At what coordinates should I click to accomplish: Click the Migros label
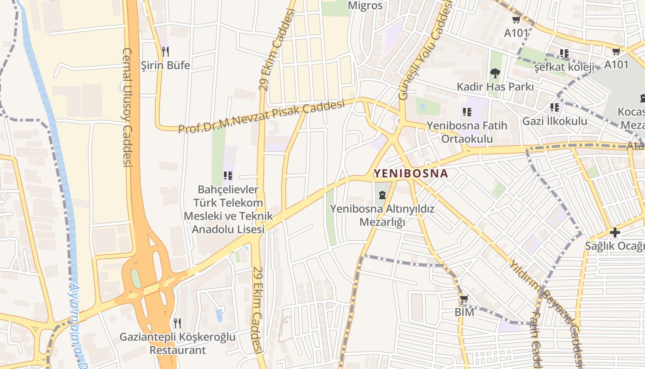[365, 6]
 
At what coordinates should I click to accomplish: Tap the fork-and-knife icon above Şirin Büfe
[165, 51]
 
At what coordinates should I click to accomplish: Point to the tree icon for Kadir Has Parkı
[495, 73]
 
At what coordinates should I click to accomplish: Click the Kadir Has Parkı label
[495, 87]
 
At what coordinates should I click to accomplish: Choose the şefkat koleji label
[564, 67]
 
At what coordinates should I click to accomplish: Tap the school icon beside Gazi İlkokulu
[555, 107]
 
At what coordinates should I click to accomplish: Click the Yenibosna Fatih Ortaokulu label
[467, 132]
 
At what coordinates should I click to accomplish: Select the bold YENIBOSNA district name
[410, 173]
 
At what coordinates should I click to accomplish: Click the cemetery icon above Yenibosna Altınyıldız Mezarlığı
[382, 195]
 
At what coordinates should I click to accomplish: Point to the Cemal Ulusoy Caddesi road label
[128, 106]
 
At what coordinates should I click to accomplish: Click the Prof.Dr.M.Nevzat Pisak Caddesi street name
[261, 117]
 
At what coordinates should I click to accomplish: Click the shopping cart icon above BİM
[464, 299]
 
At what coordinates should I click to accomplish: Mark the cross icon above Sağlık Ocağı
[615, 232]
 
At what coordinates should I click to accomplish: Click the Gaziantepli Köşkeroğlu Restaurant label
[177, 343]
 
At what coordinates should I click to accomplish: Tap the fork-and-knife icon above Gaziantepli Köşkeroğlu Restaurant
[177, 323]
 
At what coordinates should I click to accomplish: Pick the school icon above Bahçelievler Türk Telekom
[228, 175]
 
